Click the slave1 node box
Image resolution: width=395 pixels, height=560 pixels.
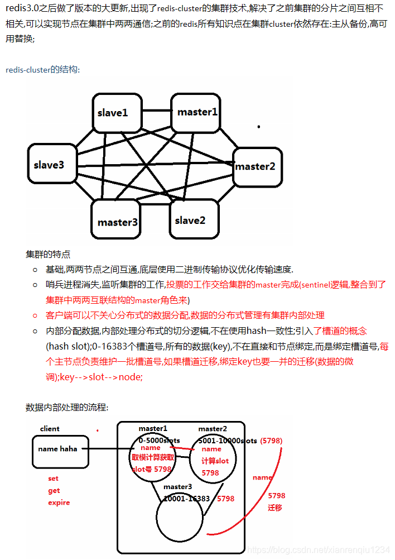[113, 113]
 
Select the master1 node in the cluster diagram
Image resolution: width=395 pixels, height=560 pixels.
[197, 112]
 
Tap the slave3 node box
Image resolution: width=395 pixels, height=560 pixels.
[49, 165]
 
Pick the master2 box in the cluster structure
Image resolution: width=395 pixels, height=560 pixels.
[255, 166]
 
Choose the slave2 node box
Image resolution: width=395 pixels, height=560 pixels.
[190, 220]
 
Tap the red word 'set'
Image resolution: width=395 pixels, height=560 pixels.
[53, 478]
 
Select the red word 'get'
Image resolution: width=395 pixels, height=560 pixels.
[54, 490]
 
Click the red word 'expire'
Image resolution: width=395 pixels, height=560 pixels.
[59, 502]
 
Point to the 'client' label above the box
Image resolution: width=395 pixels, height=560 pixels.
[50, 429]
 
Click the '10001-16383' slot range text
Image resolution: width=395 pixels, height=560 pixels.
[186, 499]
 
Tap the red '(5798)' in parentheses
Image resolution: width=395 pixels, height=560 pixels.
[272, 441]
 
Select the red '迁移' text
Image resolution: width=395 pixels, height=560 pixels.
[275, 508]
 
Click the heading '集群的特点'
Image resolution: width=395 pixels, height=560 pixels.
[48, 254]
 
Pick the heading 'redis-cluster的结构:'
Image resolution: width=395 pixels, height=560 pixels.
[43, 70]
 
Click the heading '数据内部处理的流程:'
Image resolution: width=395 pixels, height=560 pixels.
[67, 407]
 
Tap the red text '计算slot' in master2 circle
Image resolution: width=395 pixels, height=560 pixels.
[215, 461]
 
